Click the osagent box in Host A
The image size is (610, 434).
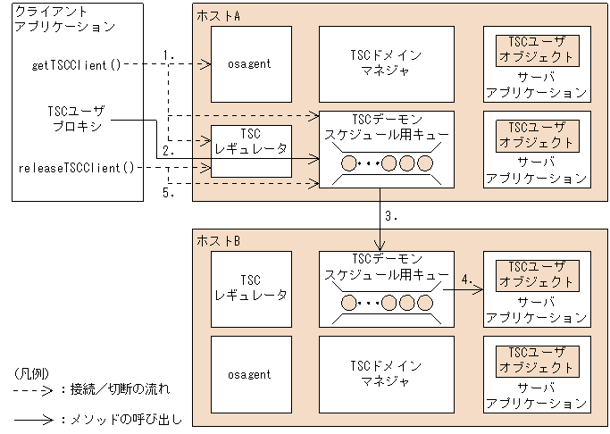(x=251, y=63)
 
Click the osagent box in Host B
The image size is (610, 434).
(x=251, y=375)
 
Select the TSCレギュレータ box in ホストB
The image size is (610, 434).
(x=251, y=288)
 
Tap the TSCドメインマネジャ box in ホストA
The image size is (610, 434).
(x=387, y=63)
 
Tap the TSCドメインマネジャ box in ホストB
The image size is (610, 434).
(x=387, y=375)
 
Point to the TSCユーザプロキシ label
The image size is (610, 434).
(x=76, y=119)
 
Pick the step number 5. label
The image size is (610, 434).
(x=168, y=191)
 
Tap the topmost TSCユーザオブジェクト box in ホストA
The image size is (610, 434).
(x=534, y=49)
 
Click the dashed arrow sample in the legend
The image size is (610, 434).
(x=32, y=389)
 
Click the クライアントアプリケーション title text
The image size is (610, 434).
(x=65, y=19)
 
